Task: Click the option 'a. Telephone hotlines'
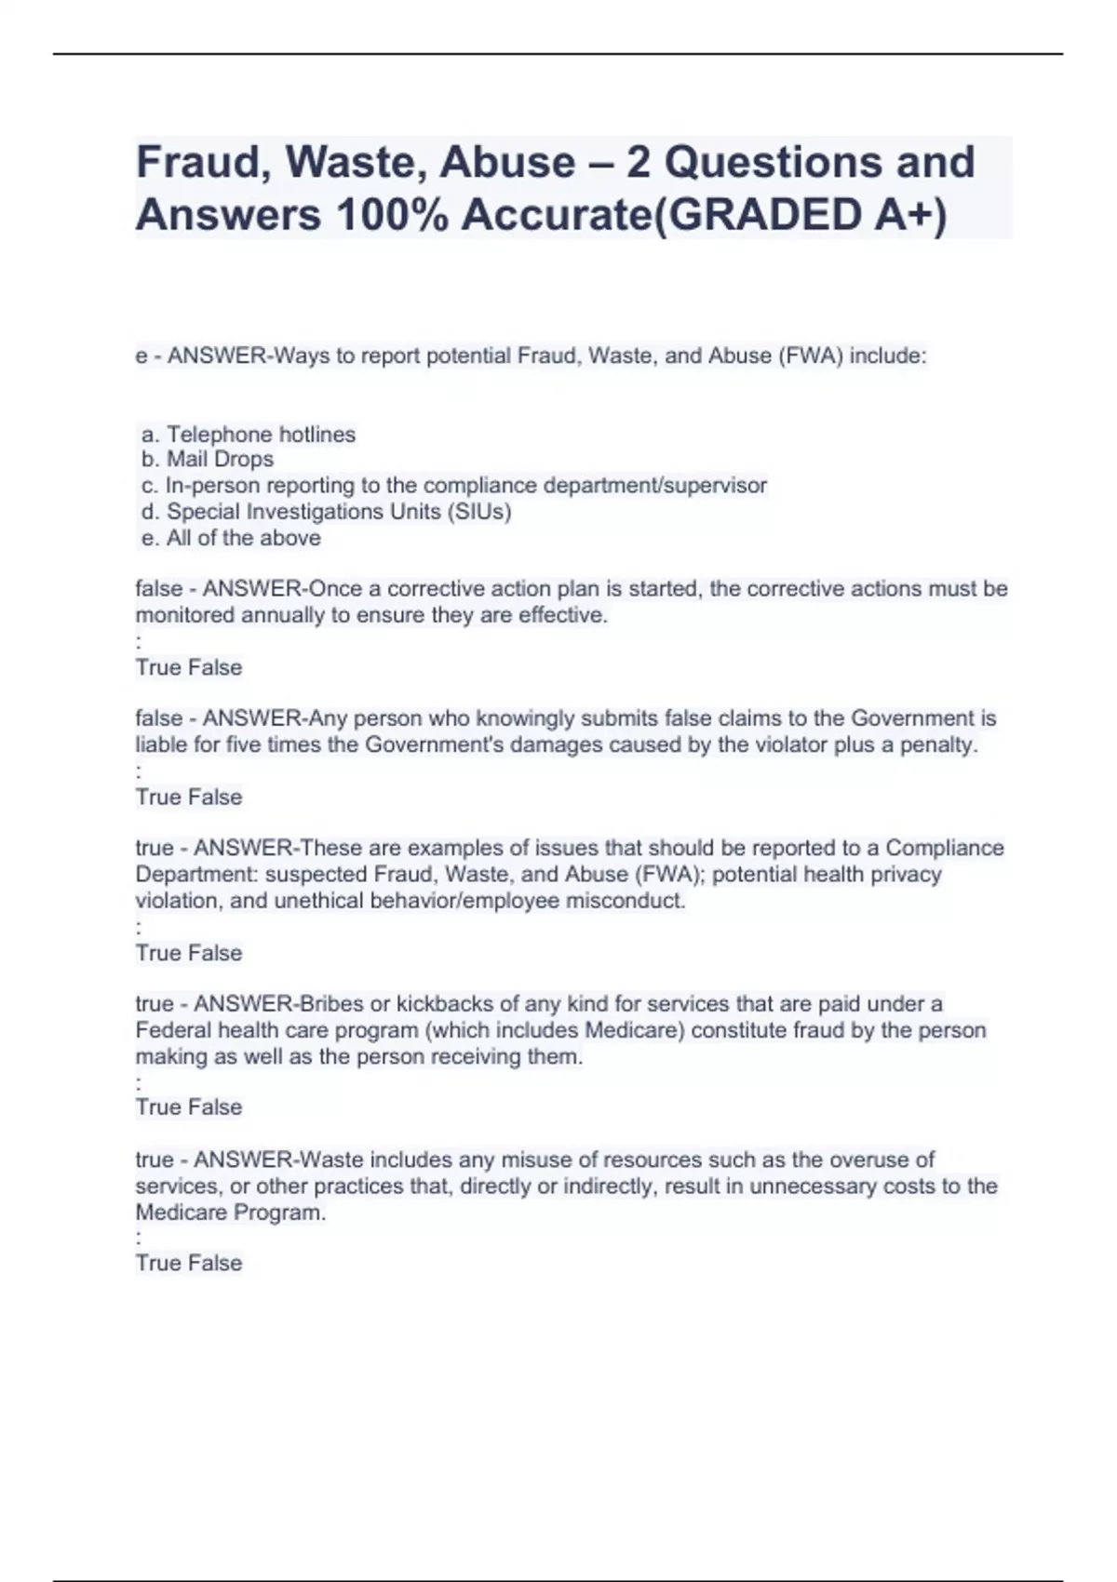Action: [249, 435]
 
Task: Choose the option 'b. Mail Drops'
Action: [208, 460]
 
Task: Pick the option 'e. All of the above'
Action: [231, 538]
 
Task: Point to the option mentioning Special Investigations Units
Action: [327, 512]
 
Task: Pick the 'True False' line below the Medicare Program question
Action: [189, 1263]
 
